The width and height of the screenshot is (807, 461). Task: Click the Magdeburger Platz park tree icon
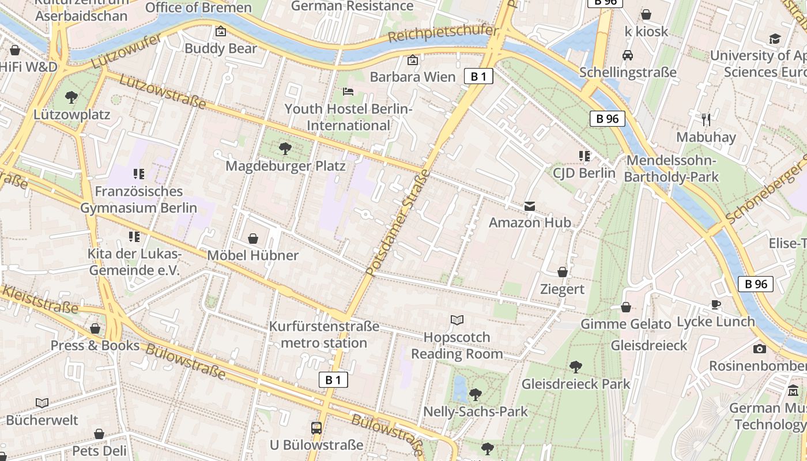[x=285, y=149]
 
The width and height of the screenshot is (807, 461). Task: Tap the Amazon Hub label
[x=530, y=222]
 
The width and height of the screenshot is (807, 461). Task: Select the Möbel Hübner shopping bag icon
[x=252, y=239]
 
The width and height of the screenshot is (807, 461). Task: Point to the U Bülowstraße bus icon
[x=316, y=428]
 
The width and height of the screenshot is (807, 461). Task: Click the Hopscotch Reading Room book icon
[x=457, y=320]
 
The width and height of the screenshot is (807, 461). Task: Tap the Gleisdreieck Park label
[x=576, y=384]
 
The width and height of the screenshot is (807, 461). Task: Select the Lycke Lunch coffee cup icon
[x=716, y=304]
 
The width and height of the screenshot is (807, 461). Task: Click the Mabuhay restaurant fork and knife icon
[x=706, y=120]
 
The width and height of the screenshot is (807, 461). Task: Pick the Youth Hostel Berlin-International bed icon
[x=348, y=92]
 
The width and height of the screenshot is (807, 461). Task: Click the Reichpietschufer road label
[x=443, y=33]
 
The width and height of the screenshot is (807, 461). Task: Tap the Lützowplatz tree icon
[x=71, y=97]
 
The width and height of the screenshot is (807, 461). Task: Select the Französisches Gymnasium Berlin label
[x=138, y=199]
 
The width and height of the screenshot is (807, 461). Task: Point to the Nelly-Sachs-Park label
[x=476, y=411]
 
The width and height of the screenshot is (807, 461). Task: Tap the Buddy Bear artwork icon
[x=220, y=31]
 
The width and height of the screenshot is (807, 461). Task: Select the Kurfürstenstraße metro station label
[x=325, y=335]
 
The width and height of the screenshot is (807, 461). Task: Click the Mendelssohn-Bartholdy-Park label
[x=672, y=168]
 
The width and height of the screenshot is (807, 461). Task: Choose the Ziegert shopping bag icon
[x=563, y=272]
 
